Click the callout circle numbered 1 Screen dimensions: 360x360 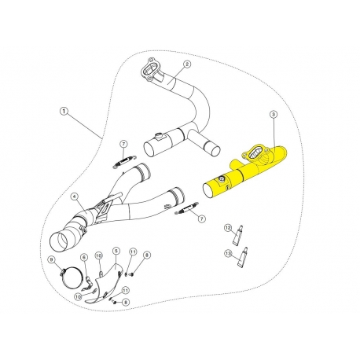click(64, 111)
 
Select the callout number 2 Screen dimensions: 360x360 click(186, 64)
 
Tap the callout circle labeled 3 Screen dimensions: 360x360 click(274, 114)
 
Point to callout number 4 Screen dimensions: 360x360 click(75, 197)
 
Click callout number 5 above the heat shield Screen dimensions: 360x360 click(116, 251)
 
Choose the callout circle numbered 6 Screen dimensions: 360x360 click(84, 258)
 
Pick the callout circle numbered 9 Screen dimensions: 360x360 click(51, 259)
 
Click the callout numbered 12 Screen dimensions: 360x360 click(228, 228)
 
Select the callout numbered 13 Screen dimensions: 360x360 click(228, 253)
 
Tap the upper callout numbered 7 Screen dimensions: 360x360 click(123, 144)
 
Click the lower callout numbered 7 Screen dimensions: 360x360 click(201, 219)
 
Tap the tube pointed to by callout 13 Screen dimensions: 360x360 click(243, 257)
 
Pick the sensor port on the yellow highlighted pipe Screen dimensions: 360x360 click(221, 179)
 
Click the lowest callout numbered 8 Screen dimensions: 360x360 click(126, 302)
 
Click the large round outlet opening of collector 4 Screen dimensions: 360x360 click(61, 241)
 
